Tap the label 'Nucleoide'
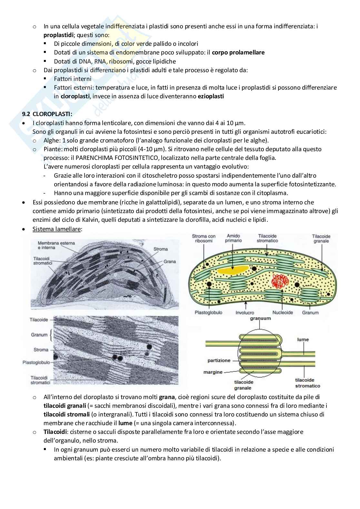click(x=283, y=312)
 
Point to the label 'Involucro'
click(x=245, y=312)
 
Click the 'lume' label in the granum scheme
click(x=303, y=339)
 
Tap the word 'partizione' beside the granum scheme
click(x=219, y=360)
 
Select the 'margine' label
click(x=213, y=372)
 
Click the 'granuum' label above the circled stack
click(x=260, y=318)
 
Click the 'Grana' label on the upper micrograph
click(x=169, y=261)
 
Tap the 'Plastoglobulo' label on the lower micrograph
click(x=36, y=362)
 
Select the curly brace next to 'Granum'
click(x=51, y=335)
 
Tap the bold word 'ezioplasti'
click(x=211, y=96)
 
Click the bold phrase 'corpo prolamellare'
click(x=238, y=52)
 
